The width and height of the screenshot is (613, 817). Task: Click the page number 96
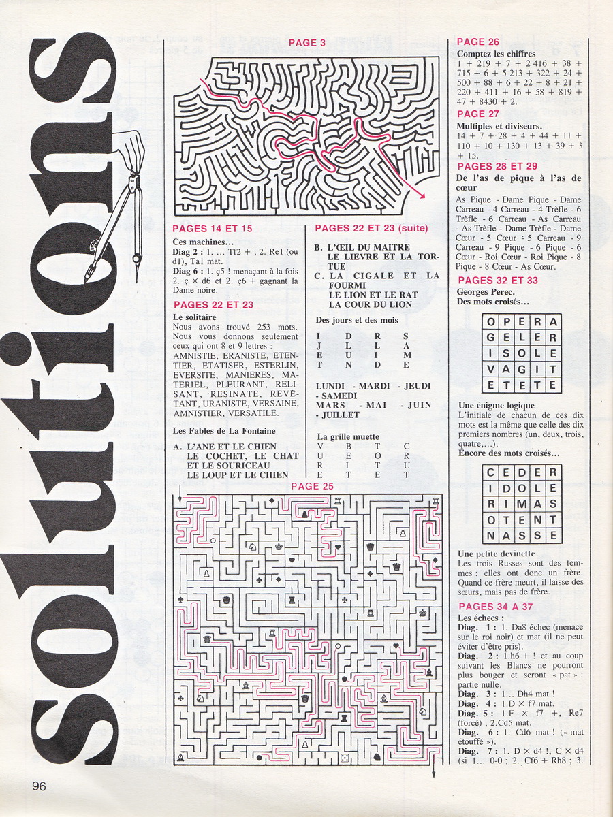[x=38, y=785]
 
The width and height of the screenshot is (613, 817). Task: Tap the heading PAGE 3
[x=307, y=43]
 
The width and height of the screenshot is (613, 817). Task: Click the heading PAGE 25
[x=312, y=486]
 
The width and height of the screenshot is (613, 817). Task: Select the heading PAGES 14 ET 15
[x=212, y=229]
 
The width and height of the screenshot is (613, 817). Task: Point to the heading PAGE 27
[x=478, y=114]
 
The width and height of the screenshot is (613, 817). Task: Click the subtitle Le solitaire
[x=194, y=317]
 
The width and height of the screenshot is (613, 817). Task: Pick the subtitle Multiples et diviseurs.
[x=499, y=126]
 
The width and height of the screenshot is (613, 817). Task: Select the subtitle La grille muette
[x=348, y=436]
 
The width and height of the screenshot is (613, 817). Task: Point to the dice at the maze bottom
[x=345, y=758]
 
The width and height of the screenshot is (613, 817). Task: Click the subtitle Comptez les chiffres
[x=496, y=54]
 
